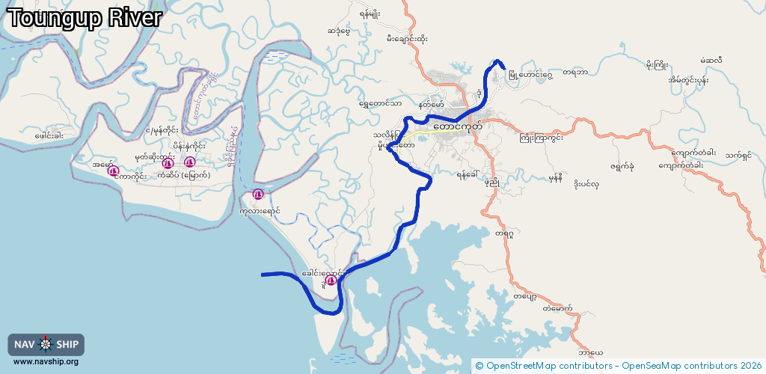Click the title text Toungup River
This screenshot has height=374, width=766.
click(x=84, y=17)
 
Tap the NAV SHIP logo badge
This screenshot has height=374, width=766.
click(x=46, y=344)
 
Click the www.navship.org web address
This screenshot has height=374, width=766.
click(x=46, y=362)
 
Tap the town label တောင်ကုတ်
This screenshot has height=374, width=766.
click(x=457, y=127)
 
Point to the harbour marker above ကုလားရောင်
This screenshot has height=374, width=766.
click(x=258, y=194)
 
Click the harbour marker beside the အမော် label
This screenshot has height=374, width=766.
click(x=114, y=171)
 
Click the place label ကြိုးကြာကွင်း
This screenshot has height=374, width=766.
click(x=541, y=138)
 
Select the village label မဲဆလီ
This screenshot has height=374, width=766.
click(x=711, y=61)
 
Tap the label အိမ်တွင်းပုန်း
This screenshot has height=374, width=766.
click(x=688, y=80)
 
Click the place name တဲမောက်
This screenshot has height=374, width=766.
click(x=558, y=308)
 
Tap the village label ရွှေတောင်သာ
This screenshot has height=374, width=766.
click(x=380, y=104)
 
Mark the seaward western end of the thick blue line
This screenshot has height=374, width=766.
click(x=263, y=275)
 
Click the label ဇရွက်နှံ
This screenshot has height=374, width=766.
click(x=622, y=166)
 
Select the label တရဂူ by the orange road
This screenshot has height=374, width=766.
click(x=504, y=234)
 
